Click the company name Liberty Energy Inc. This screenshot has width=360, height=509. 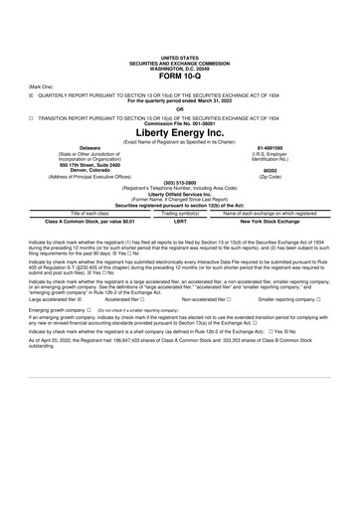click(179, 132)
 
